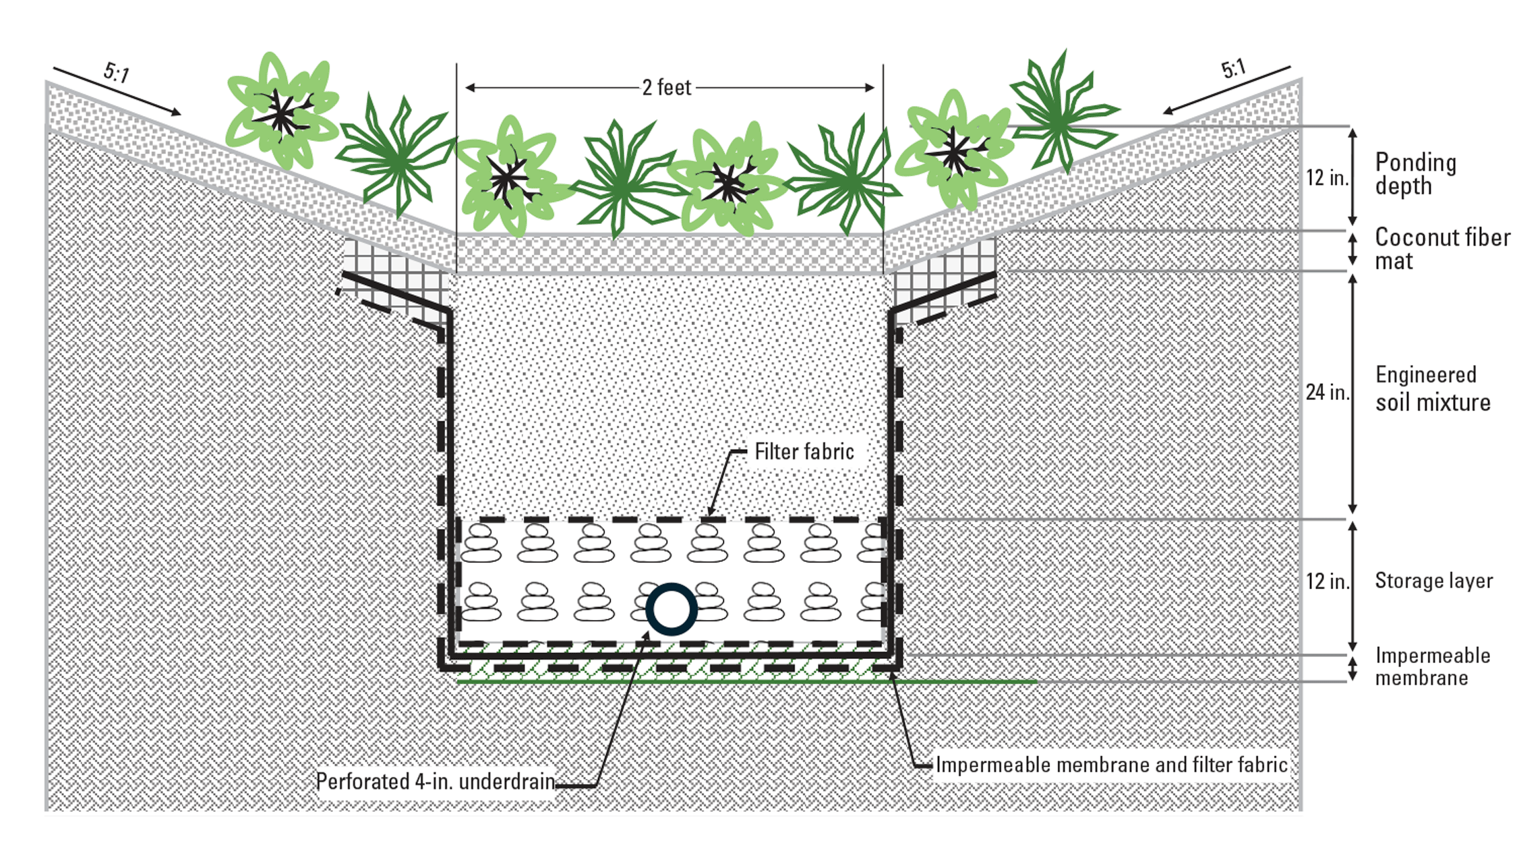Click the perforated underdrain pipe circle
[671, 609]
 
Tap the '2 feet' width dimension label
[666, 88]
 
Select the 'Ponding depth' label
[1415, 173]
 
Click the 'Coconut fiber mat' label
[1441, 248]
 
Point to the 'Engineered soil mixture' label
[1432, 389]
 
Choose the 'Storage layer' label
[1433, 581]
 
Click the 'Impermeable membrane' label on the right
[1432, 666]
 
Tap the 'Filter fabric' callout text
[804, 451]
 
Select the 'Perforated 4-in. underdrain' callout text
[435, 781]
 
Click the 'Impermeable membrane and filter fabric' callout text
[1111, 765]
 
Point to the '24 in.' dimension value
[1326, 392]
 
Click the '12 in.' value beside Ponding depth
[1326, 177]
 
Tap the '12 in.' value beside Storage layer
[1326, 581]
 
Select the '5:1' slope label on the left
[117, 72]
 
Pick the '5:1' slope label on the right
[1233, 68]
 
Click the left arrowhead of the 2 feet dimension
[470, 88]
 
